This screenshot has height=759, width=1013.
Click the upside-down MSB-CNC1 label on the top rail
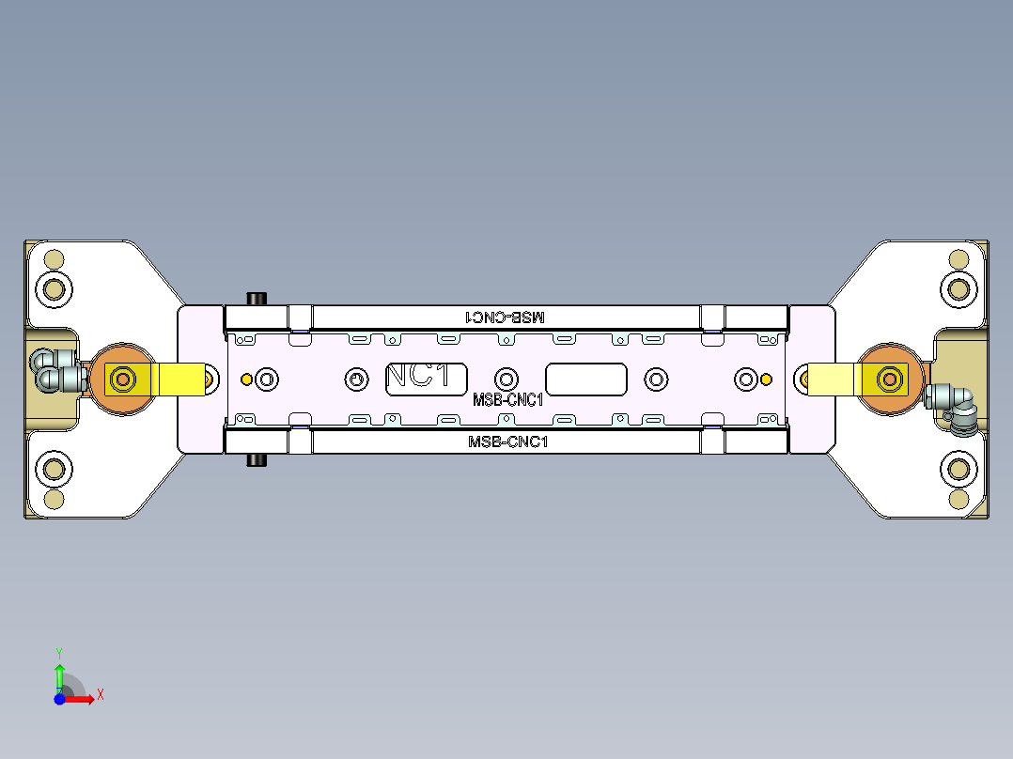(506, 318)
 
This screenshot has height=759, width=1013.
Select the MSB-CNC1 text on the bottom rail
(507, 441)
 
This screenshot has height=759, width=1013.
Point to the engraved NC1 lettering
(425, 377)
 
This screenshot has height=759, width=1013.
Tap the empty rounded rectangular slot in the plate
(586, 379)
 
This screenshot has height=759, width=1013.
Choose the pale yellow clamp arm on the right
(833, 379)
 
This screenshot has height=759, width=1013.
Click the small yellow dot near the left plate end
(246, 379)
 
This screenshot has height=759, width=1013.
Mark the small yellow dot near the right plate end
(767, 379)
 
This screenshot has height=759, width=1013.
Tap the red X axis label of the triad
(100, 694)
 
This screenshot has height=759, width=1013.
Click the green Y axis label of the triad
(58, 651)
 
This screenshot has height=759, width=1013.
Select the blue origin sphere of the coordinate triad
(59, 699)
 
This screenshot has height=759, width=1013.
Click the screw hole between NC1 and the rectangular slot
(506, 379)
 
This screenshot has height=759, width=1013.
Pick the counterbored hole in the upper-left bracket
(54, 288)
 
